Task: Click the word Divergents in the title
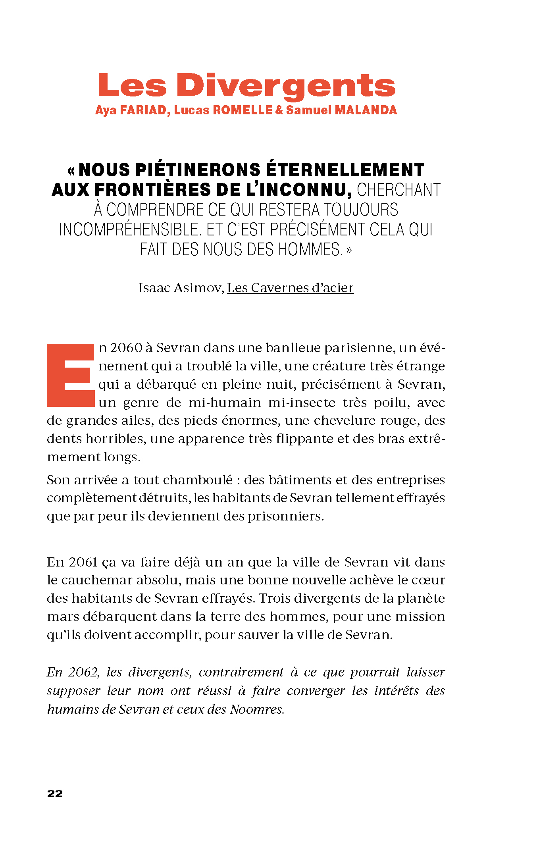click(286, 86)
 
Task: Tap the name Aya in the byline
click(105, 110)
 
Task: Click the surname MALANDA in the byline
click(366, 110)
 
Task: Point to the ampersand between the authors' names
click(279, 110)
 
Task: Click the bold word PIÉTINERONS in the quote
click(198, 170)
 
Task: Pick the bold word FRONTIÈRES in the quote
click(152, 190)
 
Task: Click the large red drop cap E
click(71, 375)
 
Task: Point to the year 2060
click(126, 348)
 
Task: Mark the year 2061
click(83, 562)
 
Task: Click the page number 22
click(55, 794)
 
